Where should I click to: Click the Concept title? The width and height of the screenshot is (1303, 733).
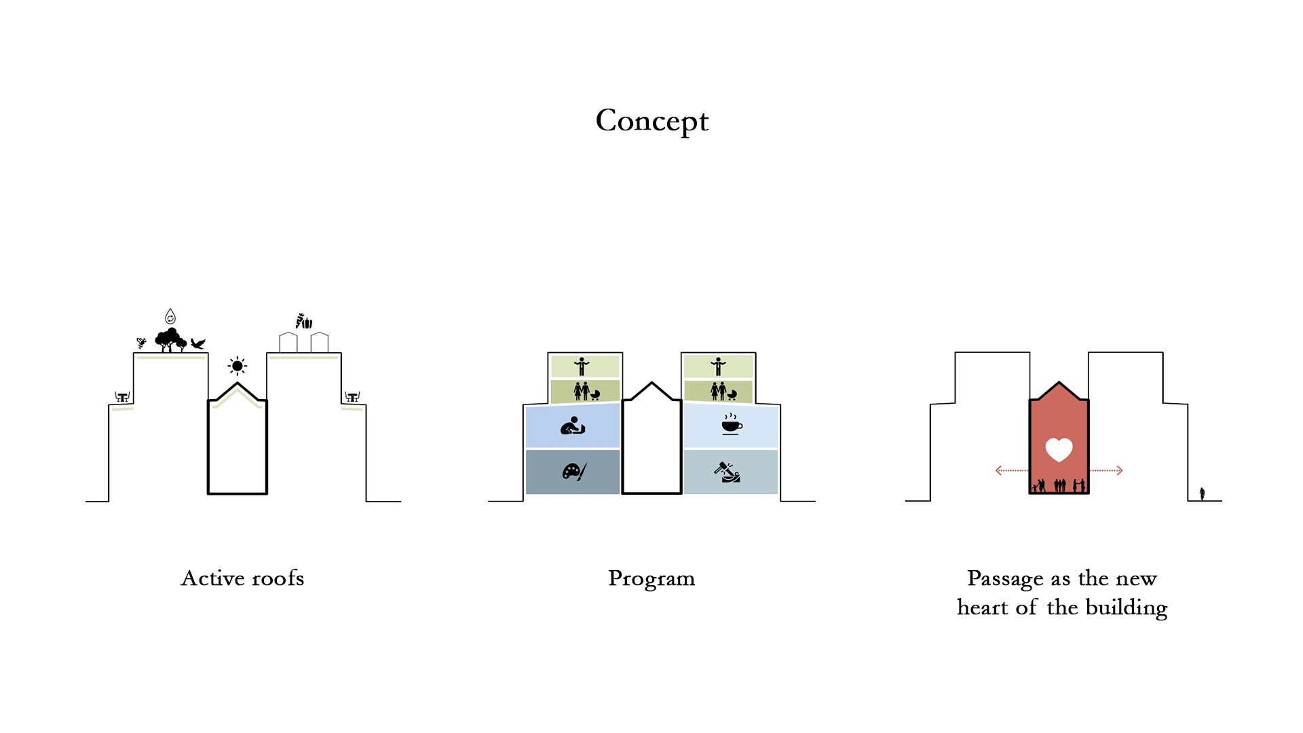(651, 121)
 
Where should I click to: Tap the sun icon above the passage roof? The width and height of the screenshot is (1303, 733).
(237, 366)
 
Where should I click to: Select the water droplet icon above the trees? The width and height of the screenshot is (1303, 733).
(170, 316)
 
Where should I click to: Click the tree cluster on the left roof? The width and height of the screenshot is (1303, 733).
(170, 339)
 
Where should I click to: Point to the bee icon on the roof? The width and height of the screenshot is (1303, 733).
(141, 343)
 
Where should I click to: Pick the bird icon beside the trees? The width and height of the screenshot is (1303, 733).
(198, 343)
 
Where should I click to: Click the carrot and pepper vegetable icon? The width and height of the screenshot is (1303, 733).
(304, 321)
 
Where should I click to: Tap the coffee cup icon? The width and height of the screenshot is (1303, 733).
(731, 425)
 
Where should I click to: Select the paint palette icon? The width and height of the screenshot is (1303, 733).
(573, 472)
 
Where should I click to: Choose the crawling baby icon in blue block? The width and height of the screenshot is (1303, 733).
(573, 426)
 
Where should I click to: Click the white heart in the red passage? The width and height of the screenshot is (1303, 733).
(1059, 449)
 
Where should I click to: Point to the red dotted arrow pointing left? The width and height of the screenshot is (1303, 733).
(1011, 470)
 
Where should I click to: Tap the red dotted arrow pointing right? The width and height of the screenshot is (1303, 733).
(1107, 470)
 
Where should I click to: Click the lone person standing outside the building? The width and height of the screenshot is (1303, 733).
(1202, 493)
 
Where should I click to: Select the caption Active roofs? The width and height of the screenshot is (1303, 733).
(242, 578)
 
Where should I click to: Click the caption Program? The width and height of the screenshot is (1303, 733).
(651, 579)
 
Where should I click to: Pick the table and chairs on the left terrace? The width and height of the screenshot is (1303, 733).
(122, 397)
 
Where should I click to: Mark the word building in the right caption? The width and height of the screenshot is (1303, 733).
(1127, 607)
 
